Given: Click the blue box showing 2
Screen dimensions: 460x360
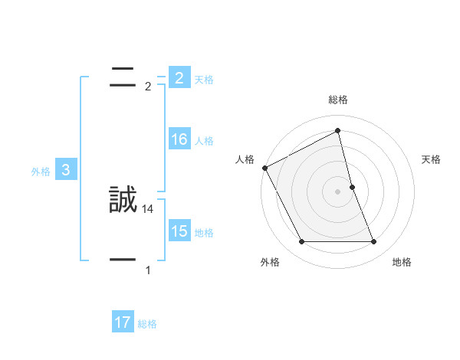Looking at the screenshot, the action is pos(179,78).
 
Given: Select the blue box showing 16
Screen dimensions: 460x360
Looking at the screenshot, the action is pos(179,139).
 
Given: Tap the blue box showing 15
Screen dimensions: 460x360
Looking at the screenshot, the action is pos(179,231).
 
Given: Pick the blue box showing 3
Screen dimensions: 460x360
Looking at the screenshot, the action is pos(65,171).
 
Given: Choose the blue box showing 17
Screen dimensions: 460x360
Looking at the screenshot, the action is pos(123,322).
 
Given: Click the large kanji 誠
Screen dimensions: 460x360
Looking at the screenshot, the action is pos(123,201).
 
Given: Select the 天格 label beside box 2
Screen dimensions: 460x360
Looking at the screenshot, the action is pos(204,80).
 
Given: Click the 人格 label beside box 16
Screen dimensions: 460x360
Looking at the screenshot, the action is pos(204,141).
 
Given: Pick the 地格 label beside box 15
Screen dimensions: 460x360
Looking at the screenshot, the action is pos(204,233).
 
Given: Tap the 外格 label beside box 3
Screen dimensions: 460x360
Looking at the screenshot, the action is pos(41,172).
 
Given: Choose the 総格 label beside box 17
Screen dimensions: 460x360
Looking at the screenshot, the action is pos(147,324).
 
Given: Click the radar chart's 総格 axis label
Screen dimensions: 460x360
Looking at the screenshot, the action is pos(338,100).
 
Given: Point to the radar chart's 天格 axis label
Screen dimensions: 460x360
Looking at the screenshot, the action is pos(432,159).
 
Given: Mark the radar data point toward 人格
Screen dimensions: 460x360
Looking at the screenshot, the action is pos(265,168).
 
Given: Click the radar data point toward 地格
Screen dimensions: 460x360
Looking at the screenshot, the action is pos(373,242).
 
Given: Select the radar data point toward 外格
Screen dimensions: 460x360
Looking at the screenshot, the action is pos(301,242).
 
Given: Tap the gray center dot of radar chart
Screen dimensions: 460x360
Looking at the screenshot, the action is pos(338,191).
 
